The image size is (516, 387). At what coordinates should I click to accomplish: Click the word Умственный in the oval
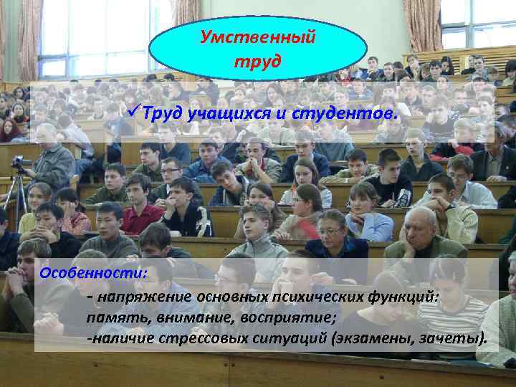tap(257, 37)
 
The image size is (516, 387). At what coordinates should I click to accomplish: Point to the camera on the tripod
tap(17, 162)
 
